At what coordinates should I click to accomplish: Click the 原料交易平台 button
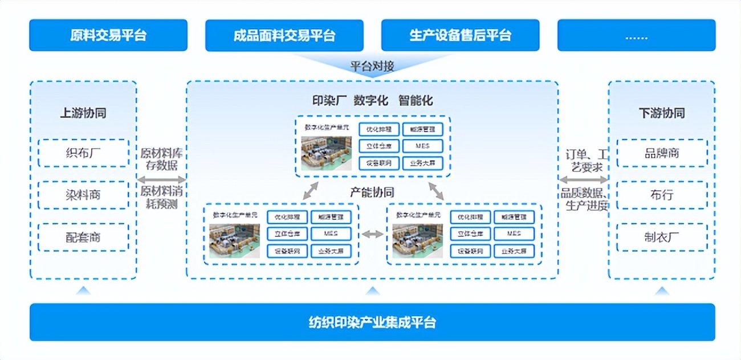(x=108, y=35)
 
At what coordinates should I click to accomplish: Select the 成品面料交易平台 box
(x=284, y=35)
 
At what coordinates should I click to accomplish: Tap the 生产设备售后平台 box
(x=460, y=35)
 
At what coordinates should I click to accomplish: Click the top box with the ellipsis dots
(x=636, y=35)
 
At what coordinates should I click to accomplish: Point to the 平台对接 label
(x=372, y=67)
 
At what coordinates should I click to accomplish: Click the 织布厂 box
(x=84, y=153)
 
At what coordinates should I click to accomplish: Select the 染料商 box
(x=84, y=195)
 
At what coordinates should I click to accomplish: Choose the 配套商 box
(x=84, y=237)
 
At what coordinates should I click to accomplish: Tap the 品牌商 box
(x=662, y=153)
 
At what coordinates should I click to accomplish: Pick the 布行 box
(x=662, y=195)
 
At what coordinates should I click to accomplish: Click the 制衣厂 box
(x=662, y=237)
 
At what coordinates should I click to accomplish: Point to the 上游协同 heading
(x=83, y=113)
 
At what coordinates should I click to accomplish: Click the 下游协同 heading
(x=662, y=113)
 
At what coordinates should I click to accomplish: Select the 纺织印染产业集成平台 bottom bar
(x=372, y=322)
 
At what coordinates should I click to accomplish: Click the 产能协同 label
(x=372, y=192)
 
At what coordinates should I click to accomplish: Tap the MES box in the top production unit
(x=422, y=146)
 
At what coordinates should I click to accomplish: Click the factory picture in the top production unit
(x=326, y=153)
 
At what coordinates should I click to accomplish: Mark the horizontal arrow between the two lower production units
(x=373, y=234)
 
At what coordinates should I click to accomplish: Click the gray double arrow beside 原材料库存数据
(x=162, y=179)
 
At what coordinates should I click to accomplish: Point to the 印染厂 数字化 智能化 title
(x=372, y=101)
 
